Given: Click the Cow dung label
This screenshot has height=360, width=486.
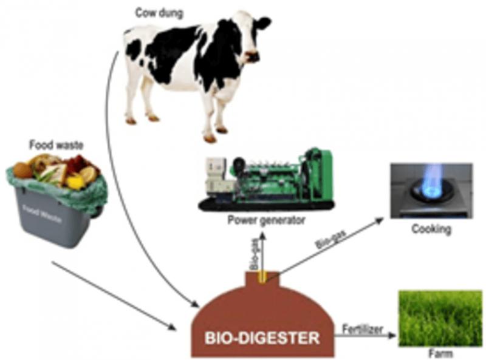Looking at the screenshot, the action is (159, 13).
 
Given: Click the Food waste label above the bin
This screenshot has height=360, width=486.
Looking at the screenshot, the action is (56, 144).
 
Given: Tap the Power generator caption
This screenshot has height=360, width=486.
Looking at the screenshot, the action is (267, 220).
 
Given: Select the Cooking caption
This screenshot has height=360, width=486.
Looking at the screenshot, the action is (431, 229).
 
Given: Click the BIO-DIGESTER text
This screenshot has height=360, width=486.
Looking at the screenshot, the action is (262, 338).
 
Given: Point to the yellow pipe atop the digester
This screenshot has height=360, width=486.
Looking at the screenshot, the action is (262, 276).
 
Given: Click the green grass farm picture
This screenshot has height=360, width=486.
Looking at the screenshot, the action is (440, 318).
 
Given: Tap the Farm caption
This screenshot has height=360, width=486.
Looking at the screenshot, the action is (440, 353).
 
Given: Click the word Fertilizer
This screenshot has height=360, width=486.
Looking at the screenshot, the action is (363, 329).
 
